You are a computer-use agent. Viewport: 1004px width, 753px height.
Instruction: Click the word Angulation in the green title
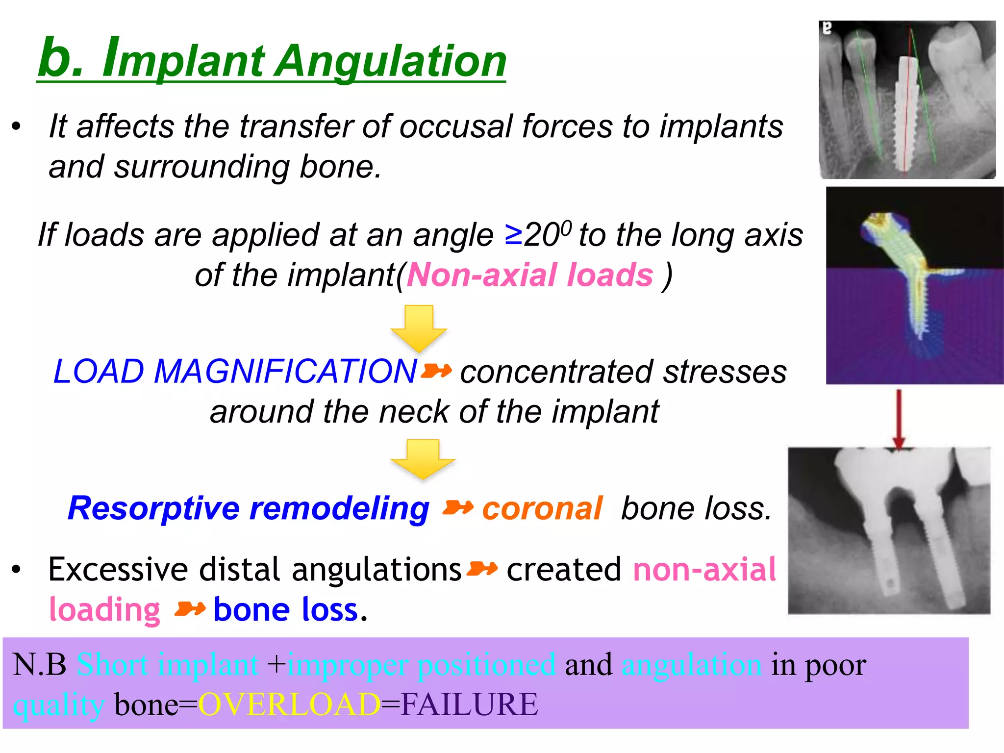click(392, 61)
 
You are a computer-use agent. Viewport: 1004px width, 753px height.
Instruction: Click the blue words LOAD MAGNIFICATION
click(235, 371)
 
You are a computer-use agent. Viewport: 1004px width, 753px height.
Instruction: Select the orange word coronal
click(542, 508)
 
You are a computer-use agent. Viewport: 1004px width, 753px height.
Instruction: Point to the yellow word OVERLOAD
click(289, 704)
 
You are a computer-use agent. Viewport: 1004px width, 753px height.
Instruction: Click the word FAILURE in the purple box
click(469, 704)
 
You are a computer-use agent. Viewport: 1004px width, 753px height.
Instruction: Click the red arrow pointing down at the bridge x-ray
click(899, 419)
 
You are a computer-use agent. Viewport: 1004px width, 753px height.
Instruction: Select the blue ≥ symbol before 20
click(514, 234)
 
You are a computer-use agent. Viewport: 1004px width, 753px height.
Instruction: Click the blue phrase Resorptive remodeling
click(249, 508)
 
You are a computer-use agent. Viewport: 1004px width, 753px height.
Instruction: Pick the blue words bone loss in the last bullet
click(286, 610)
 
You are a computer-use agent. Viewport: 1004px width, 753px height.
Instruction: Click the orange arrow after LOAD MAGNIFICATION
click(436, 371)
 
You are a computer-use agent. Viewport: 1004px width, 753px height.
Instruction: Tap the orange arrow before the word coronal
click(457, 508)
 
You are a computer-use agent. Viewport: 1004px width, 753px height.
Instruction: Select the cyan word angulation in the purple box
click(691, 665)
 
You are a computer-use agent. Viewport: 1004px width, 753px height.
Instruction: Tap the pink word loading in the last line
click(105, 610)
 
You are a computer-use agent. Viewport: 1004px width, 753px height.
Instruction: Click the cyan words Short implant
click(168, 665)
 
